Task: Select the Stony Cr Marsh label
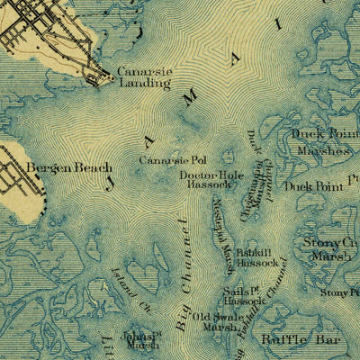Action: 331,248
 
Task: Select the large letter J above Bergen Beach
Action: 111,183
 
